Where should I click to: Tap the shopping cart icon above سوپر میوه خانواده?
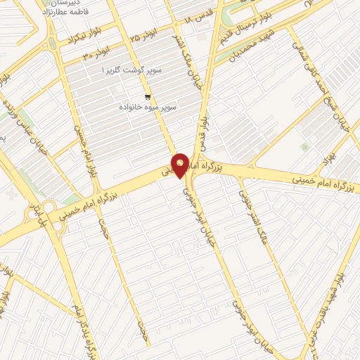[x=147, y=97]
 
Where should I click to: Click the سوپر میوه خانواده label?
[x=147, y=107]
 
